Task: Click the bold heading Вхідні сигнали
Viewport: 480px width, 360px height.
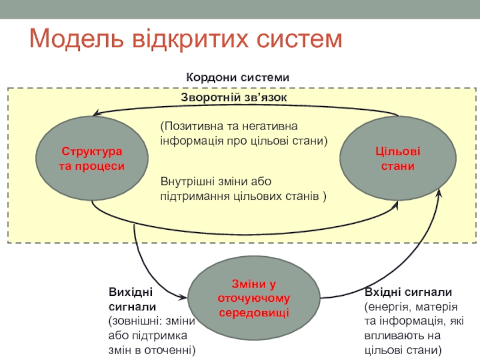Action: tap(408, 292)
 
